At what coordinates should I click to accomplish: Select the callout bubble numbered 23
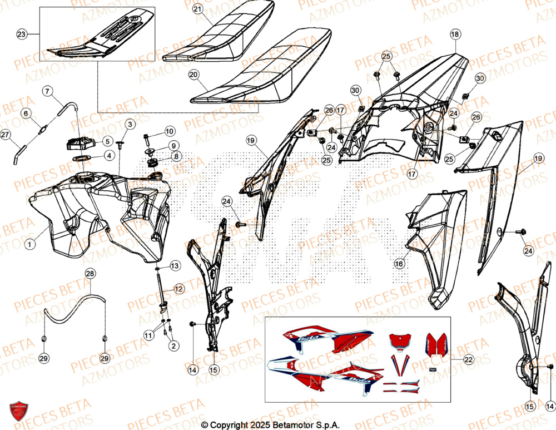pos(22,34)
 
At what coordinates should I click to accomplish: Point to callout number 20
pos(193,73)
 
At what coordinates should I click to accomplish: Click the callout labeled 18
pos(455,34)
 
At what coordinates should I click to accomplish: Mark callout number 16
pos(399,265)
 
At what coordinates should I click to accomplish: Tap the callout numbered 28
pos(90,273)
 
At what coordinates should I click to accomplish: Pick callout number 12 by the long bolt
pos(178,289)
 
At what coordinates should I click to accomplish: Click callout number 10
pos(170,131)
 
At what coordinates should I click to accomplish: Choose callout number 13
pos(175,266)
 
